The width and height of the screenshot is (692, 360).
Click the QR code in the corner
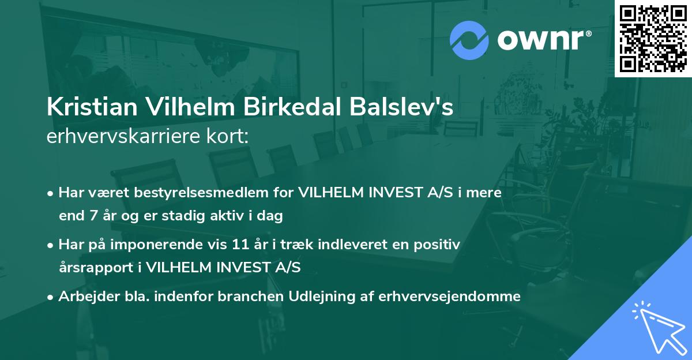(653, 38)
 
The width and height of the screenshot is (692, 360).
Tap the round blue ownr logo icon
(470, 40)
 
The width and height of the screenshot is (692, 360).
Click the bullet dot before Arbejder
(51, 297)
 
